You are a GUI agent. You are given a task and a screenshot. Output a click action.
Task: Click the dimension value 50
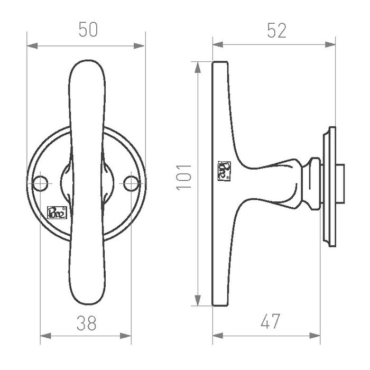pos(88,30)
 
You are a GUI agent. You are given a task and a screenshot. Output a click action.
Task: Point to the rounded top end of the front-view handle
pos(86,66)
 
